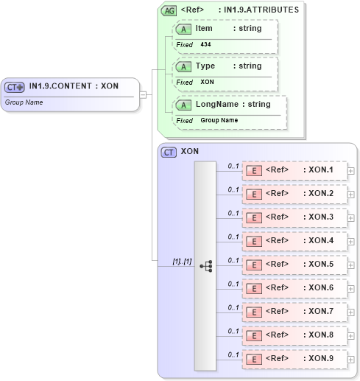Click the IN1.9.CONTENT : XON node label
coord(74,86)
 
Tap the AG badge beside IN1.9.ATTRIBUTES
coord(169,10)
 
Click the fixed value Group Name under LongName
coord(219,120)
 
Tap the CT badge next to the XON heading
coord(169,152)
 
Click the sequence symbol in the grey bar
coord(205,266)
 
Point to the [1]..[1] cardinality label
coord(182,261)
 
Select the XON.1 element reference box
coord(294,171)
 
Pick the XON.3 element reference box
coord(294,218)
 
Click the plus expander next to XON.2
coord(351,195)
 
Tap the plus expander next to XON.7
coord(351,312)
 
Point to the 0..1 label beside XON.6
coord(233,284)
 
